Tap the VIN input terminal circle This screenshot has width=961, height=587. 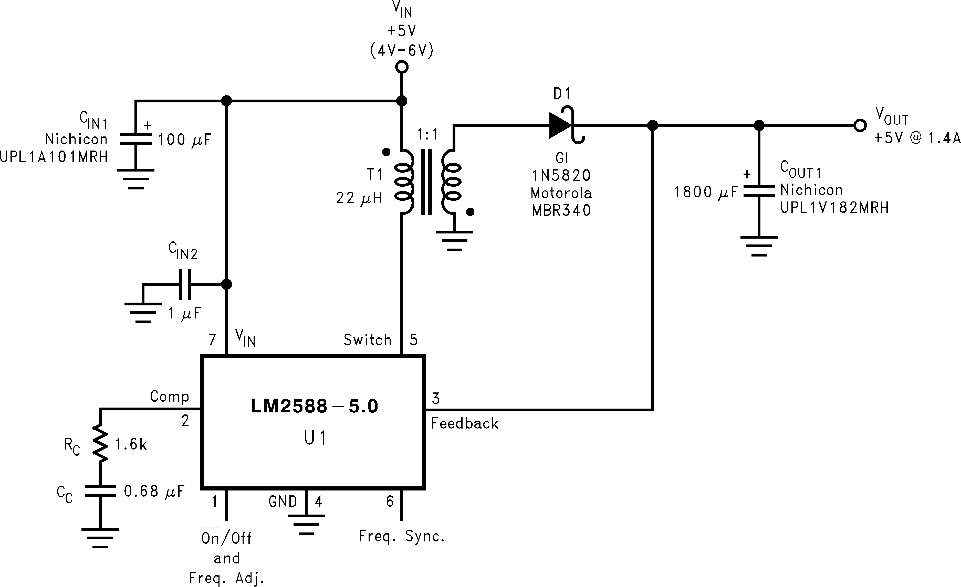[x=402, y=67]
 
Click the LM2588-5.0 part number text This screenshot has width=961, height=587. [x=314, y=406]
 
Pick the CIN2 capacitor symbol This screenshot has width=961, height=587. [x=185, y=284]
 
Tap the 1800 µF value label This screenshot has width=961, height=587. [x=706, y=192]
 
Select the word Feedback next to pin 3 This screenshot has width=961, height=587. [x=465, y=424]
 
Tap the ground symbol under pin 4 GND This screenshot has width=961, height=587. [x=306, y=524]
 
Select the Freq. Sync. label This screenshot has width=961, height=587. [x=402, y=536]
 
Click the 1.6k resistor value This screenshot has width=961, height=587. [x=131, y=444]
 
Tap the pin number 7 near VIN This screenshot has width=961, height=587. [x=212, y=340]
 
